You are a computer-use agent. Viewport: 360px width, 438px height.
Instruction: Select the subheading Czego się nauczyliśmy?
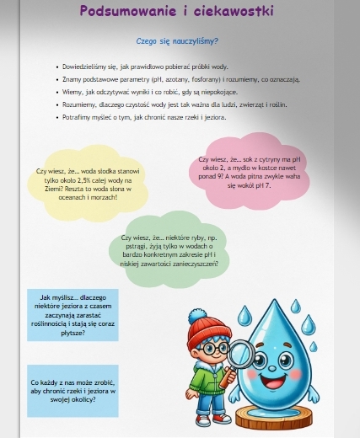pyautogui.click(x=177, y=40)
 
